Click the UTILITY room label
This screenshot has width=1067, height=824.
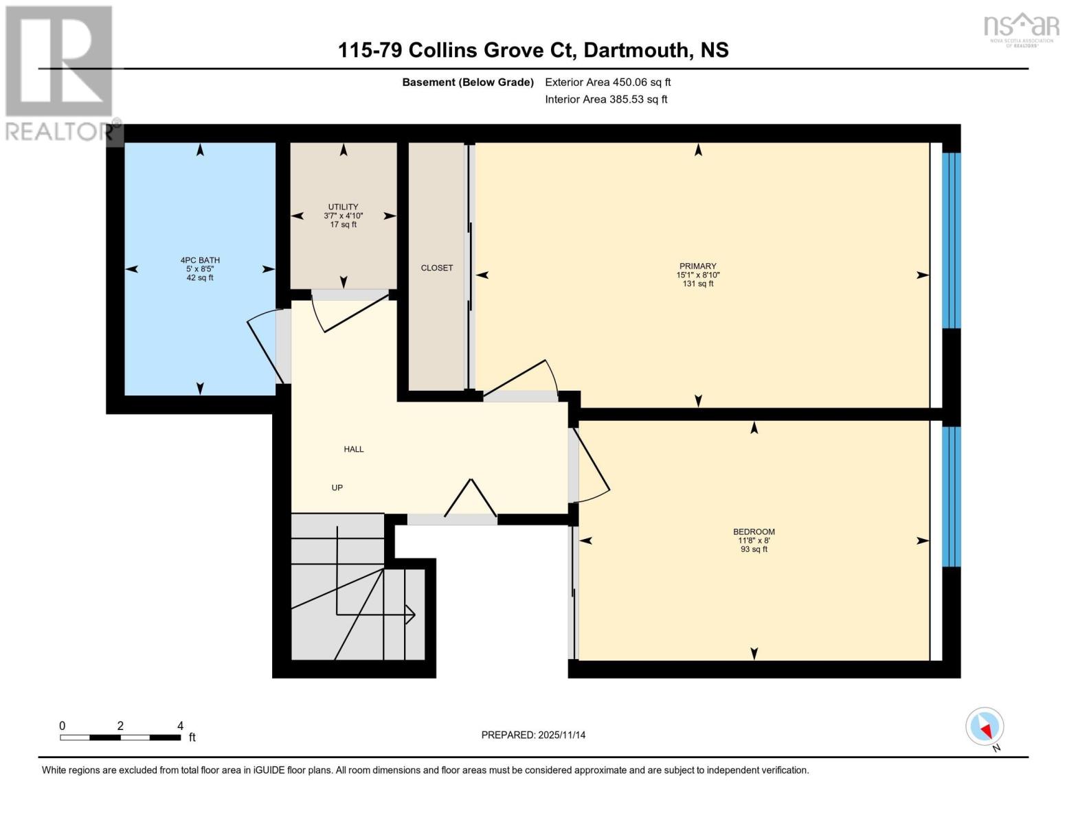(x=343, y=207)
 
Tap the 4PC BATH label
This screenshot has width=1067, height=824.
(x=200, y=260)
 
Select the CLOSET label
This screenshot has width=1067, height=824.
(x=437, y=268)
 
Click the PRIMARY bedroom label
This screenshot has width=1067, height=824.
(x=697, y=266)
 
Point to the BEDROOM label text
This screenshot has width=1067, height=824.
(x=754, y=531)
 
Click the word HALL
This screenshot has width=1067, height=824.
(x=354, y=449)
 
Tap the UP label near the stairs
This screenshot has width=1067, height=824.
(x=337, y=488)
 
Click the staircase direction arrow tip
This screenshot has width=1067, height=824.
(x=413, y=615)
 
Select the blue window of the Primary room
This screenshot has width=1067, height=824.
(x=951, y=240)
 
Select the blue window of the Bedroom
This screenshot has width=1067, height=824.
(x=951, y=496)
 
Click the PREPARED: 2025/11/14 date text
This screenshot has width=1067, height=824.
(x=533, y=735)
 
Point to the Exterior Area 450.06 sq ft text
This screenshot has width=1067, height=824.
(x=607, y=82)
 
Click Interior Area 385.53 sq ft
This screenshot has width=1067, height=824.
(x=606, y=99)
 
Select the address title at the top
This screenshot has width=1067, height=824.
(x=533, y=50)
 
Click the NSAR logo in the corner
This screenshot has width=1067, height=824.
(x=1022, y=28)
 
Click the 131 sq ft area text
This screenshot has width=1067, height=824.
(x=697, y=284)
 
